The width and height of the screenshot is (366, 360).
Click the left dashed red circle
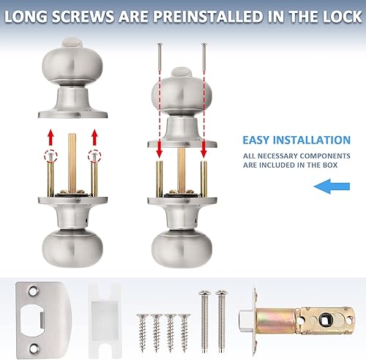tap(51, 156)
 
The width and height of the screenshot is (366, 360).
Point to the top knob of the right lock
tap(181, 91)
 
